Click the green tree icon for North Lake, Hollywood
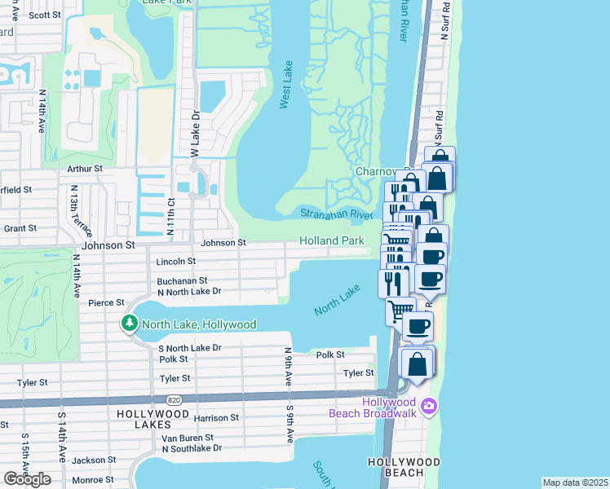(129, 324)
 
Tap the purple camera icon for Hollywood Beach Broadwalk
(429, 405)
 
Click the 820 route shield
(173, 400)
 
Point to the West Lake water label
(285, 85)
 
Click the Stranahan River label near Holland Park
(336, 214)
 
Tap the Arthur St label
(85, 169)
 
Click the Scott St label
(44, 15)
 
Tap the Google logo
(27, 478)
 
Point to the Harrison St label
(216, 418)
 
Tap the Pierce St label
(105, 302)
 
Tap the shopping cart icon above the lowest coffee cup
(400, 311)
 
